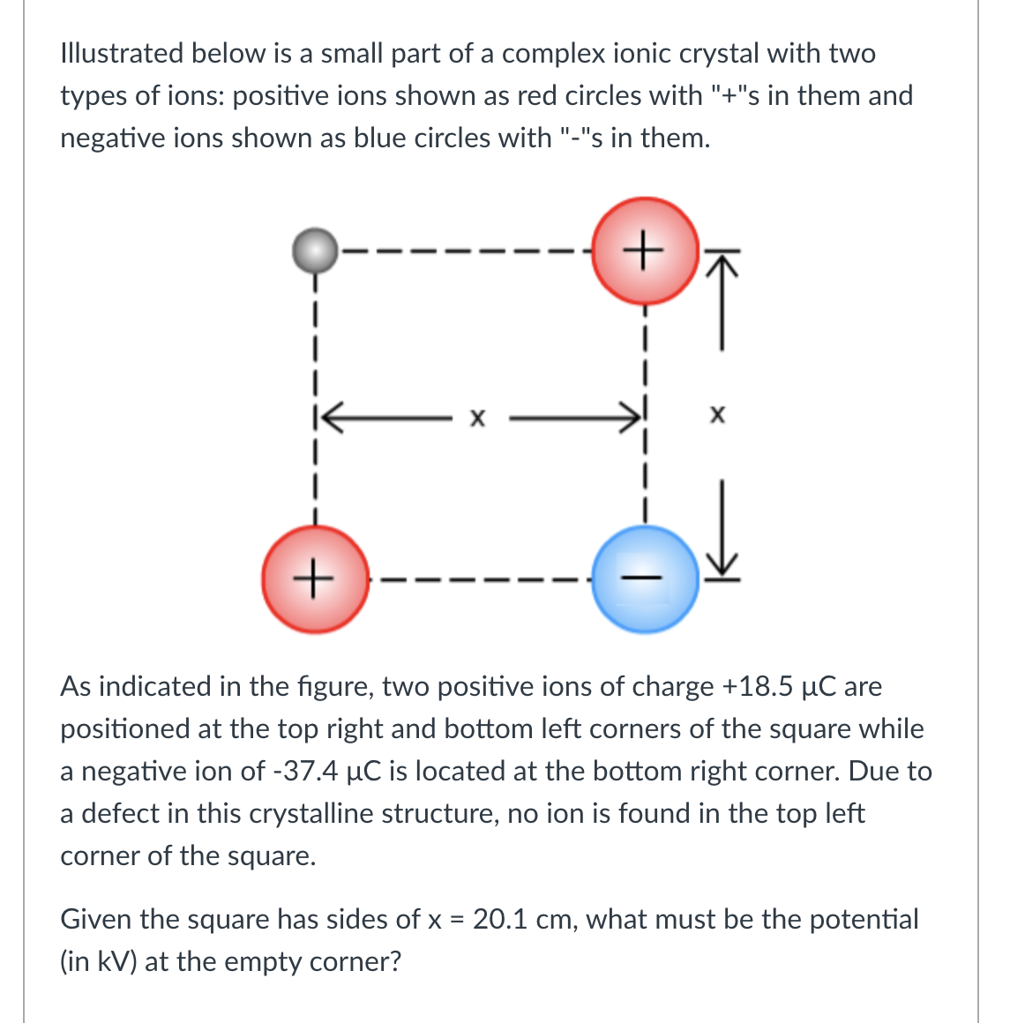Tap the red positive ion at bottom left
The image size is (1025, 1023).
[315, 579]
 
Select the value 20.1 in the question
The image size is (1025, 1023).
[499, 919]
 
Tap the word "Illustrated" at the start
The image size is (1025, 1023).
[121, 53]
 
